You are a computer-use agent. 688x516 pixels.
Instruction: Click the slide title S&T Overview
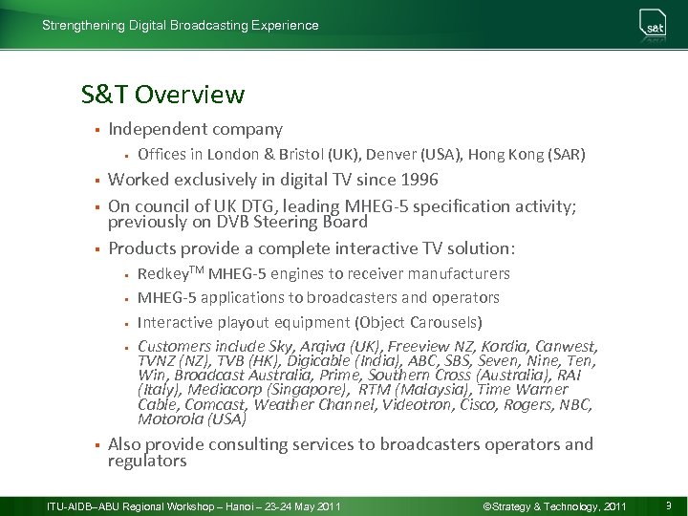coord(163,95)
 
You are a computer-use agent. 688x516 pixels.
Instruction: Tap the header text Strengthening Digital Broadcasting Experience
coord(181,26)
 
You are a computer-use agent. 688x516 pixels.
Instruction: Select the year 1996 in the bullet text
coord(420,180)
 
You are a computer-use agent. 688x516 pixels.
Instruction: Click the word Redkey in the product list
coord(161,274)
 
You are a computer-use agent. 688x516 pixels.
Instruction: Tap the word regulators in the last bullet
coord(147,462)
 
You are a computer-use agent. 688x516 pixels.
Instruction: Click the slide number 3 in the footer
coord(668,505)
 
